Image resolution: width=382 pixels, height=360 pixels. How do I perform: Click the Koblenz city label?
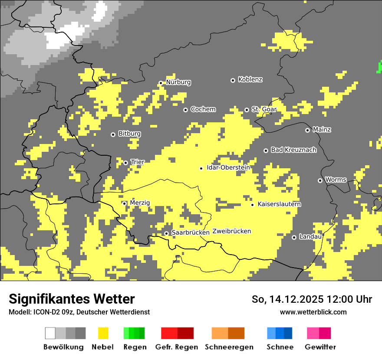[x=250, y=80]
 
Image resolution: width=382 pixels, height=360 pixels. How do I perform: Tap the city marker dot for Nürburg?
[x=161, y=82]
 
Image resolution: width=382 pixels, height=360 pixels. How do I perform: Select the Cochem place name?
[x=203, y=109]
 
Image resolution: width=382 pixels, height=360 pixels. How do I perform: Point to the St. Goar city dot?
[x=247, y=110]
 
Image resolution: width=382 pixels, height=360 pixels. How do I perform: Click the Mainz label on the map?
[x=322, y=130]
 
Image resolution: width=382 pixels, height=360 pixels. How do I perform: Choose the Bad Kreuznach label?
[x=293, y=150]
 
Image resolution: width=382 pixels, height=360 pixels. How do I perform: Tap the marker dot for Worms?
[x=320, y=180]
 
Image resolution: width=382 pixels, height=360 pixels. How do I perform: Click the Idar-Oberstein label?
[x=228, y=168]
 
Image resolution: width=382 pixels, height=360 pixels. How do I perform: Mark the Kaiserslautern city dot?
[x=252, y=205]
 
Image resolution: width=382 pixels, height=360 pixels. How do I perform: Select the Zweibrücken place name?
[x=231, y=231]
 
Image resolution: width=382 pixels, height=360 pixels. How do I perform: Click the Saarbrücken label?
[x=190, y=233]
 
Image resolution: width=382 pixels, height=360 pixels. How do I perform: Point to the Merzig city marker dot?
[x=124, y=203]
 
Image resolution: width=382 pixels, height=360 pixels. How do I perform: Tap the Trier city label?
[x=138, y=162]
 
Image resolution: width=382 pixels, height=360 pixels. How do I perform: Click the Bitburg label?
[x=129, y=134]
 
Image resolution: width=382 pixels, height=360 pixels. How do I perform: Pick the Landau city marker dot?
[x=294, y=237]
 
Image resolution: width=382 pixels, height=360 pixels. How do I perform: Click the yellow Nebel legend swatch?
[x=103, y=333]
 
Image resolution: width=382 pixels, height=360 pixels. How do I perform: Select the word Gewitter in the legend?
[x=320, y=347]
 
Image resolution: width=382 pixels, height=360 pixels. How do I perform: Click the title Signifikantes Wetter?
[x=72, y=299]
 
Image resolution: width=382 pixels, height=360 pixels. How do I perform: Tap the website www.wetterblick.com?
[x=313, y=312]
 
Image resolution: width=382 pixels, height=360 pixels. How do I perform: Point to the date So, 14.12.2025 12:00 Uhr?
[x=312, y=299]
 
